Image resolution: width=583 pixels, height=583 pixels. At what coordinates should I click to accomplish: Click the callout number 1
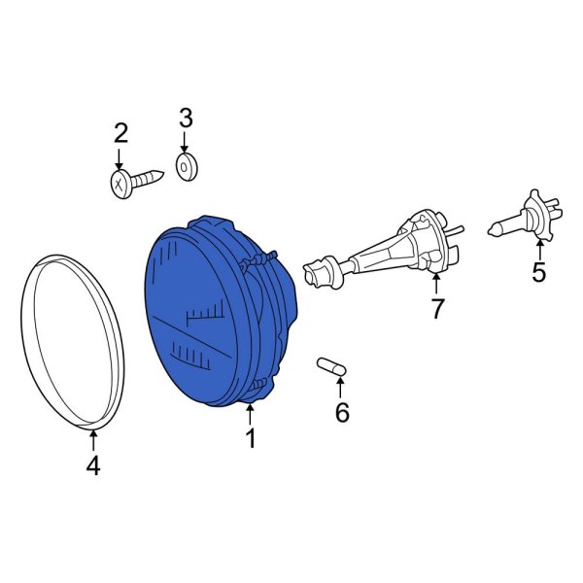click(x=252, y=438)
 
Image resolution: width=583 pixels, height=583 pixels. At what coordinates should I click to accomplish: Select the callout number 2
click(x=120, y=133)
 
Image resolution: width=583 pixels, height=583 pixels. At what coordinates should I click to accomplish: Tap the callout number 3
click(x=186, y=118)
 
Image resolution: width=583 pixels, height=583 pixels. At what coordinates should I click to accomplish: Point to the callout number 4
click(x=93, y=465)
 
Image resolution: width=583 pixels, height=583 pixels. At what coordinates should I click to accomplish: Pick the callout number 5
click(x=538, y=272)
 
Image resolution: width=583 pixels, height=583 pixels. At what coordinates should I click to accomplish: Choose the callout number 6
click(x=342, y=412)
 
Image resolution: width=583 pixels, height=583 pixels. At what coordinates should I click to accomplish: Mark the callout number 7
click(x=436, y=308)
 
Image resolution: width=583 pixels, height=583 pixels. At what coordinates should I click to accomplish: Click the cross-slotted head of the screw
click(x=121, y=184)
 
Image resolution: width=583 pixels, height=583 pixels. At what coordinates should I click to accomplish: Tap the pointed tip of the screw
click(x=162, y=173)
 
